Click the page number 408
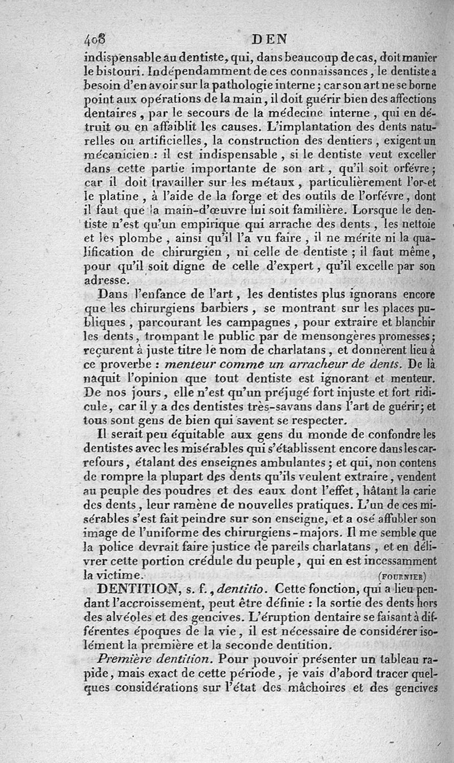95,40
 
